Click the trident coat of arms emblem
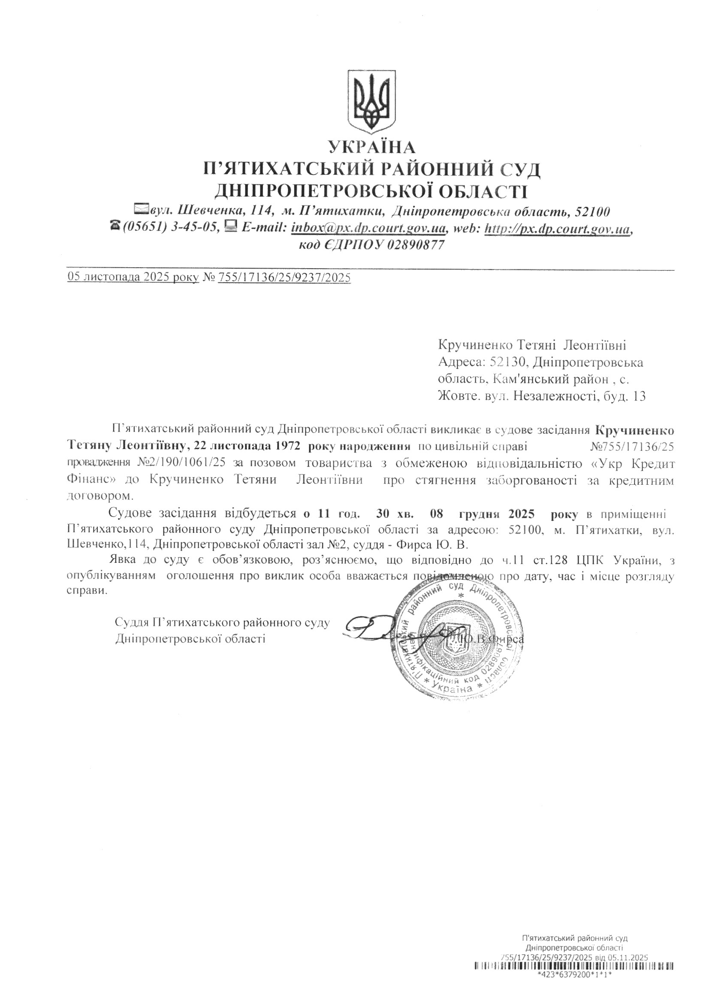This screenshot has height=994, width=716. click(x=372, y=101)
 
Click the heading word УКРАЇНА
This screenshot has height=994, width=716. click(x=372, y=146)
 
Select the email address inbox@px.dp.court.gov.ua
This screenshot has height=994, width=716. click(x=369, y=228)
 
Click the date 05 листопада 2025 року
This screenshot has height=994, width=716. click(x=133, y=278)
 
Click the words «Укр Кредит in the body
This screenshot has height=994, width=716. click(x=628, y=463)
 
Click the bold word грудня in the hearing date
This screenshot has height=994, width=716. click(x=480, y=513)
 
